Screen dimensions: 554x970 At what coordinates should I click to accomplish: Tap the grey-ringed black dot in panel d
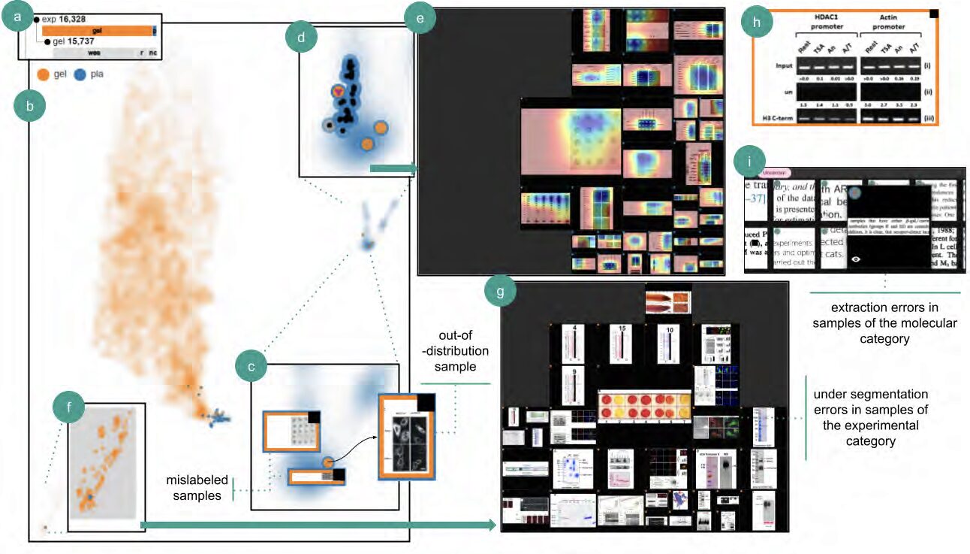328,125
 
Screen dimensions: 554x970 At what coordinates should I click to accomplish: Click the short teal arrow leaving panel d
392,168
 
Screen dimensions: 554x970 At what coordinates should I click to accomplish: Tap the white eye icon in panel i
856,259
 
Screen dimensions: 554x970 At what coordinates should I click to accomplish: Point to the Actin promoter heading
892,22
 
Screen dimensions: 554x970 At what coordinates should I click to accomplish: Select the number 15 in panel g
622,328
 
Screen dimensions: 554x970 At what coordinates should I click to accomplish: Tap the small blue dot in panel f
89,498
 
